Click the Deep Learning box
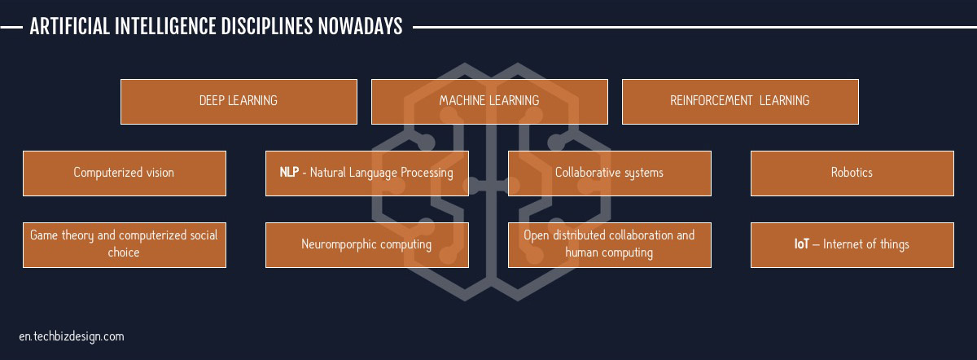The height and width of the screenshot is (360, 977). tap(239, 102)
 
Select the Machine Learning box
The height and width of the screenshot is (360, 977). tap(489, 102)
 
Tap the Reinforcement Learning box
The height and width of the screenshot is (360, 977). tap(740, 102)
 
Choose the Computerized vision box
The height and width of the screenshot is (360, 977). tap(125, 173)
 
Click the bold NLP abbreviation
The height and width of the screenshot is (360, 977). tap(289, 172)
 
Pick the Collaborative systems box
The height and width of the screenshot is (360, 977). tap(609, 173)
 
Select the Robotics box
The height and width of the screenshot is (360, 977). tap(852, 173)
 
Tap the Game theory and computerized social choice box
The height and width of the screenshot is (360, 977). tap(125, 245)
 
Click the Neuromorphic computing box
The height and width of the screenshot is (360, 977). tap(367, 245)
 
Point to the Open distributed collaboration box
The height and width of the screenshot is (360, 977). tap(609, 245)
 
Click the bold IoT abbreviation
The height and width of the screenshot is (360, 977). tap(802, 244)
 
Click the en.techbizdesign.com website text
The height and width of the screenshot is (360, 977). tap(72, 337)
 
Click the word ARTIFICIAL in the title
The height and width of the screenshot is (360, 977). tap(70, 27)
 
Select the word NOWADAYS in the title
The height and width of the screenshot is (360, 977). tap(360, 27)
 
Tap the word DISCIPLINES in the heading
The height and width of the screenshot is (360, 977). tap(267, 27)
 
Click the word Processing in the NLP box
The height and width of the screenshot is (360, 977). tap(427, 173)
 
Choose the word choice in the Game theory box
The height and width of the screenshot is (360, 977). tap(124, 252)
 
